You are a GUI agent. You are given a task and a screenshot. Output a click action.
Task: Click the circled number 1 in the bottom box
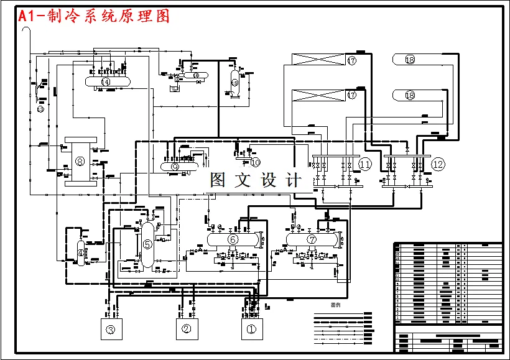251,330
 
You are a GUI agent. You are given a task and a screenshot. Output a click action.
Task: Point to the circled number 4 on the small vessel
81,252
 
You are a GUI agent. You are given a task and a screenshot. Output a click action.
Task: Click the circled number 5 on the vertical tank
147,244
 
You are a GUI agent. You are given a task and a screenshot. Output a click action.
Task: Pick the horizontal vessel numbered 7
312,239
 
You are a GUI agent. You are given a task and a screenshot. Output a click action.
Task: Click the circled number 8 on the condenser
79,161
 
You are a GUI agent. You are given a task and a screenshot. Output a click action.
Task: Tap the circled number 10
255,162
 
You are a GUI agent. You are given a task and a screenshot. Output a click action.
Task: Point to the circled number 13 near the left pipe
41,109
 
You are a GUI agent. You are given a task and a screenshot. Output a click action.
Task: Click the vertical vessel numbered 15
234,82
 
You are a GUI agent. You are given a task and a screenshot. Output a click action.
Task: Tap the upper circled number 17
352,60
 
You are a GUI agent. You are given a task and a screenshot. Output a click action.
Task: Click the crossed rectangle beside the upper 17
318,60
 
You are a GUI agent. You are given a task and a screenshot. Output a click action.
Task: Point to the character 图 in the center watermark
219,180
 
